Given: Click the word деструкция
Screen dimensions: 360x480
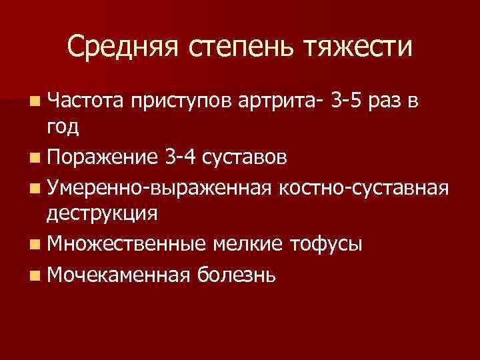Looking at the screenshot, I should click(102, 215).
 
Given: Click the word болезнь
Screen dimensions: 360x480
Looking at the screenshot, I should click(235, 272).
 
